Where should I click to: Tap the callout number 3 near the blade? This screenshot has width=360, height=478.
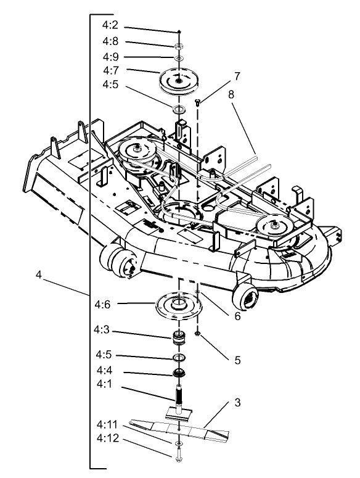tap(237, 403)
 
